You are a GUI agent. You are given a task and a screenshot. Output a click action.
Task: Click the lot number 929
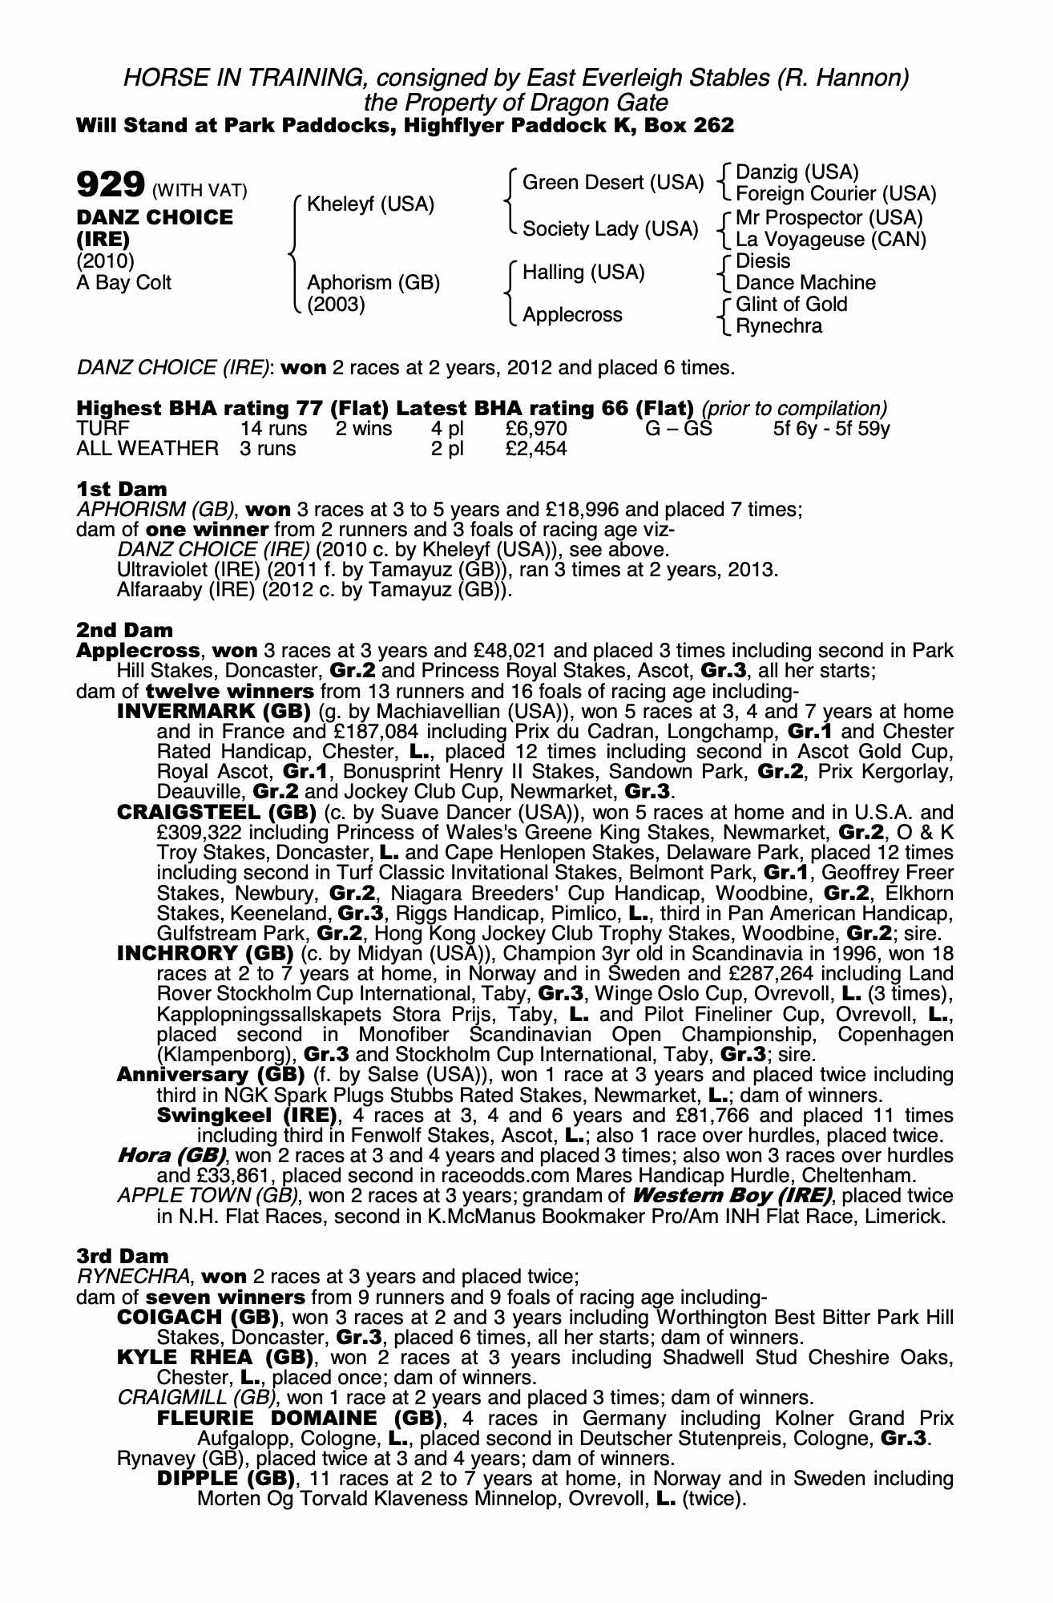[109, 186]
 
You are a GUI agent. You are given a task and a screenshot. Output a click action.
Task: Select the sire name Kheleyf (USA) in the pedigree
[370, 204]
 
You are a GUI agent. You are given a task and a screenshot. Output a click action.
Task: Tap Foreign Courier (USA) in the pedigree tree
[835, 194]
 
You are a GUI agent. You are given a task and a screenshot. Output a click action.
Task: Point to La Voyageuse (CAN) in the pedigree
[830, 240]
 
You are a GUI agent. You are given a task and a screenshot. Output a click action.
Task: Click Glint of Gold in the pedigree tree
[791, 305]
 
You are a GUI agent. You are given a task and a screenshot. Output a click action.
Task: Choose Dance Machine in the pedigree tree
[805, 283]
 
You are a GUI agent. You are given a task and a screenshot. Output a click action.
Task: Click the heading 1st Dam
[122, 489]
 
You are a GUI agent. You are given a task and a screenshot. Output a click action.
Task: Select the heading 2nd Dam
[124, 631]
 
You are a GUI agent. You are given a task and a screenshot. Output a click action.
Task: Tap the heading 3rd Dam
[123, 1256]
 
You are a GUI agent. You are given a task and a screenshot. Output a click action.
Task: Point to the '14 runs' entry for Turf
[274, 429]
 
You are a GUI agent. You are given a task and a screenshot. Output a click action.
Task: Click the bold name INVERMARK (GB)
[214, 712]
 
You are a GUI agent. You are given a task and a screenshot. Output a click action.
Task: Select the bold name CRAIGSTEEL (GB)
[216, 812]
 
